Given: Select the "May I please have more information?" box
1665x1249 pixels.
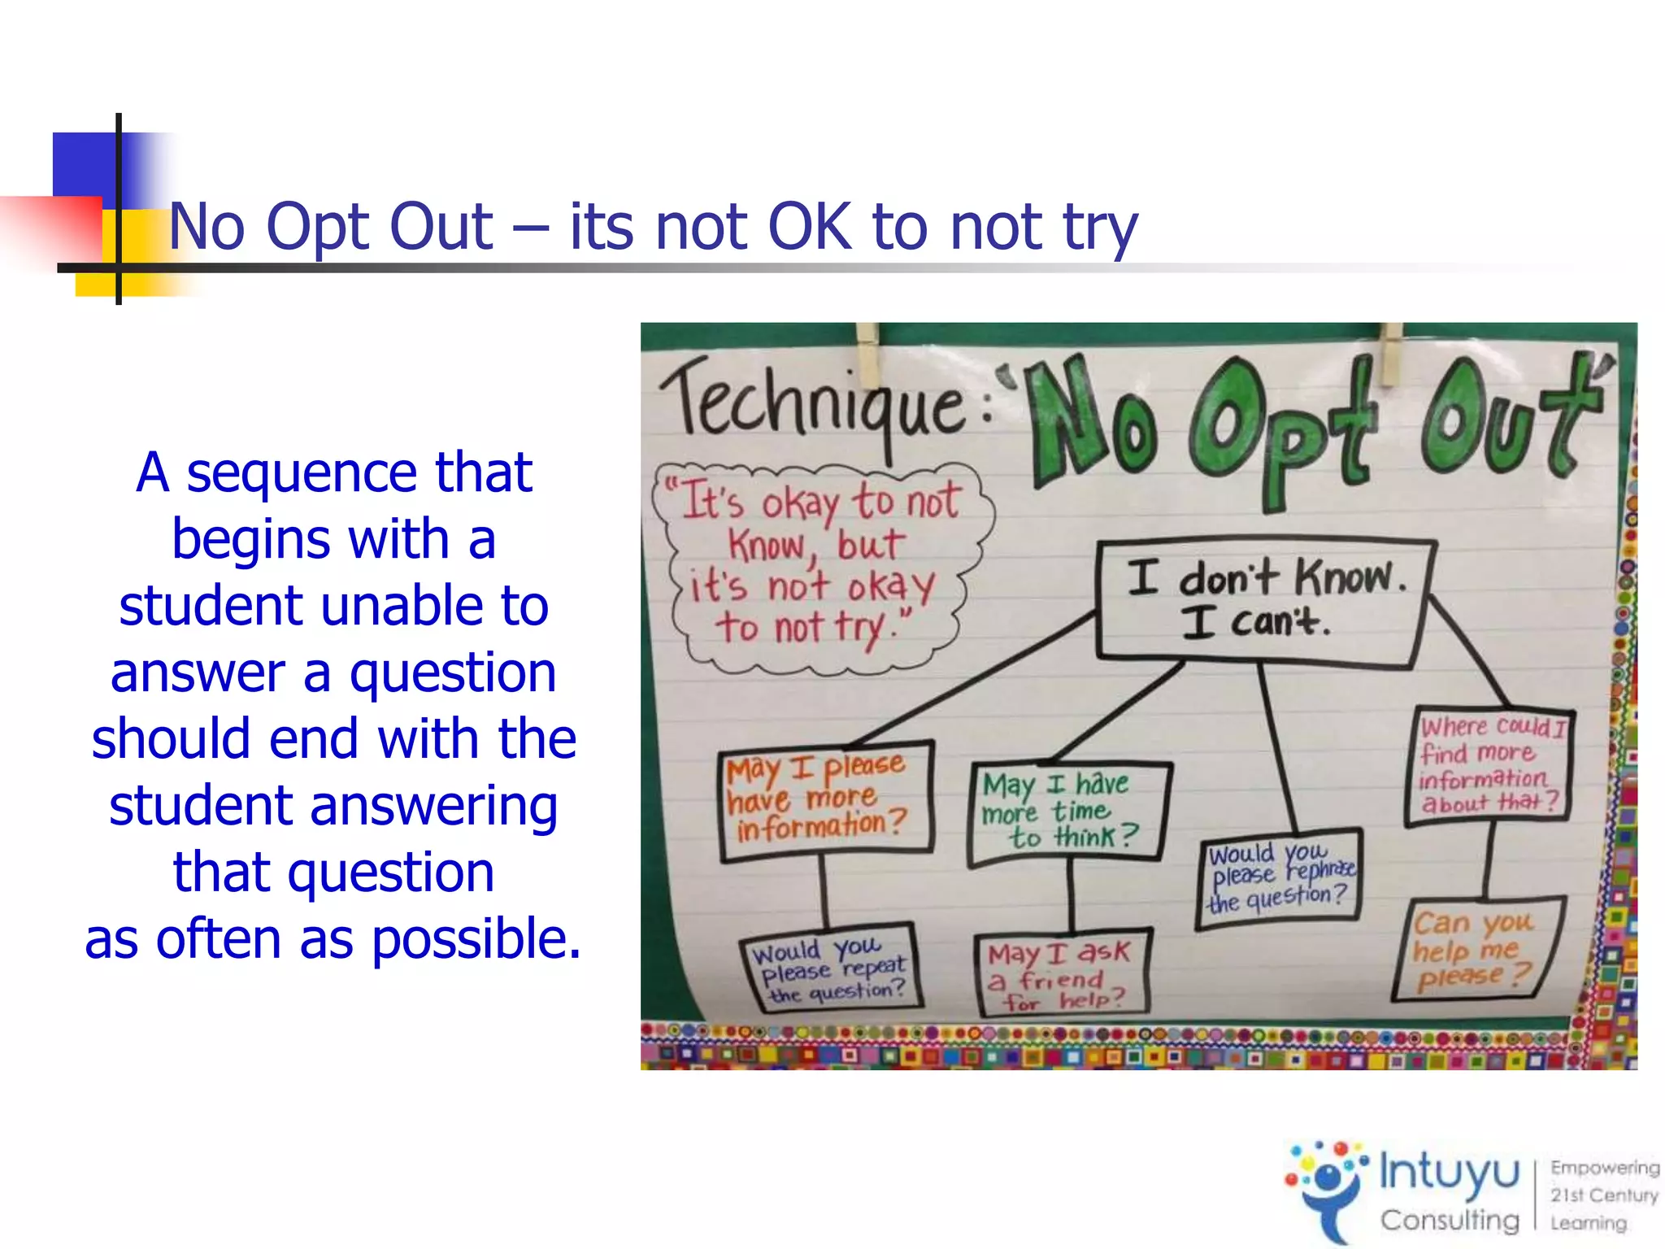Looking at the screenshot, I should (825, 801).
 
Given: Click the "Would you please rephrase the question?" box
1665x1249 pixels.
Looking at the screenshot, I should (1279, 878).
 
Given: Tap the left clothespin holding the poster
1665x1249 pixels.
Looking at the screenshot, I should (868, 354).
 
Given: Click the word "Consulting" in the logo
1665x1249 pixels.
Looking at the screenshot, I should (1450, 1220).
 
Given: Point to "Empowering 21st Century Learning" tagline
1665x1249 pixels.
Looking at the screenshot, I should (1602, 1195).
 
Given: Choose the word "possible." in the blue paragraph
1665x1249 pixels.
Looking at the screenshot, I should (476, 939).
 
